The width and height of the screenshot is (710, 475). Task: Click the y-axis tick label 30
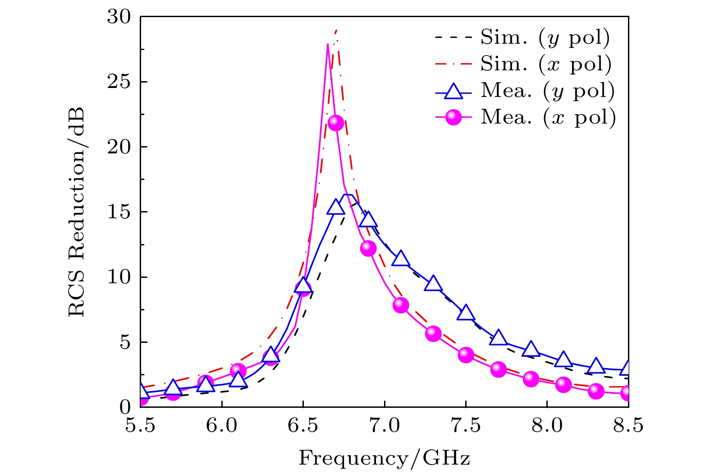[x=119, y=17]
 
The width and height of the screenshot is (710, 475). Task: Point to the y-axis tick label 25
[x=119, y=82]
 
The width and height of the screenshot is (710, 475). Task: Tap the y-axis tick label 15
[x=119, y=212]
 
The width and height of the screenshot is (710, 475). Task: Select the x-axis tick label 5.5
[x=141, y=425]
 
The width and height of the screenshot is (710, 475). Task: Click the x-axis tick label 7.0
[x=385, y=425]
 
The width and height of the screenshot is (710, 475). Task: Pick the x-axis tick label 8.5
[x=628, y=425]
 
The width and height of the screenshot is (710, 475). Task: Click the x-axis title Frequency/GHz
[x=384, y=458]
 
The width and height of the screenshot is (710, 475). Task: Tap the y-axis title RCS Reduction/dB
[x=77, y=212]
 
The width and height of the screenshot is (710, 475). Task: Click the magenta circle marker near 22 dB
[x=336, y=122]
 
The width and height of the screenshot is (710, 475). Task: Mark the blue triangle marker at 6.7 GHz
[x=336, y=208]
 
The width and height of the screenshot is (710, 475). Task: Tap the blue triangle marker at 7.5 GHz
[x=466, y=313]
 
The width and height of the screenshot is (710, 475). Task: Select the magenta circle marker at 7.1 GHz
[x=401, y=305]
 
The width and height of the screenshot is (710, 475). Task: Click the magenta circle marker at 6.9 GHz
[x=368, y=248]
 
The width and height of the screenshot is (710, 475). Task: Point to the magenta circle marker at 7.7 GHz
[x=498, y=369]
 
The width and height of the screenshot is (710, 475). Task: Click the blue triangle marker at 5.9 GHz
[x=206, y=384]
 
